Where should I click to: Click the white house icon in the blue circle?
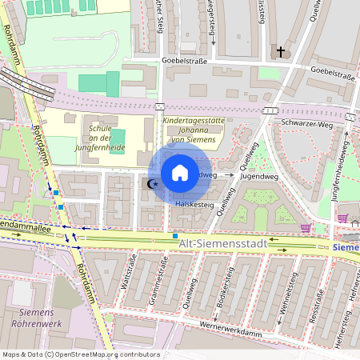point(180,173)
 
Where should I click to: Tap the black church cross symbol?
point(280,53)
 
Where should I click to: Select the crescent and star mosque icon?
point(152,184)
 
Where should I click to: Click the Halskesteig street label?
point(194,205)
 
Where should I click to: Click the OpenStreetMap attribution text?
point(80,354)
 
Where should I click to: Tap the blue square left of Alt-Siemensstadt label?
point(175,236)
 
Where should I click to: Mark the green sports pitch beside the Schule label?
point(118,138)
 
